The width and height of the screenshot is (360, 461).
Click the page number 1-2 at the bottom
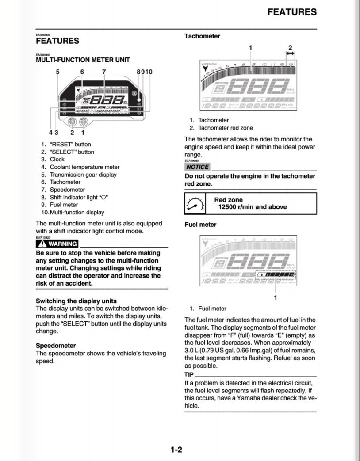click(x=176, y=450)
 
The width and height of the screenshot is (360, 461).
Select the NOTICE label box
click(x=197, y=167)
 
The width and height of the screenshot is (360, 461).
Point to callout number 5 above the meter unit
click(x=57, y=72)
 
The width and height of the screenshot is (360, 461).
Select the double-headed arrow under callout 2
click(x=291, y=53)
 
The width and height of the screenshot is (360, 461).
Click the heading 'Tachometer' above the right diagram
click(x=202, y=36)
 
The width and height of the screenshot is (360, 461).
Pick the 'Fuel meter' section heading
click(x=200, y=225)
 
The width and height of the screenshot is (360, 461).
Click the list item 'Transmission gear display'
click(x=83, y=175)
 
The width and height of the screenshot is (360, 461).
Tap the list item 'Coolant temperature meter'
click(x=84, y=167)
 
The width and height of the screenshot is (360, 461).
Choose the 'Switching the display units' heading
click(x=76, y=301)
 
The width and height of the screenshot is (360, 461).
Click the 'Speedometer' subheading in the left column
click(x=56, y=345)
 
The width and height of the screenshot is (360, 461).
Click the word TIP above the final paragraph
click(x=189, y=374)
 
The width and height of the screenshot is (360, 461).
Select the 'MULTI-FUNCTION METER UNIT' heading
click(x=83, y=60)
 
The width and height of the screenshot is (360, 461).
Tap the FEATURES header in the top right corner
click(x=292, y=12)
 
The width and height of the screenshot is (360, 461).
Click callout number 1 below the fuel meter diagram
click(x=276, y=297)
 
